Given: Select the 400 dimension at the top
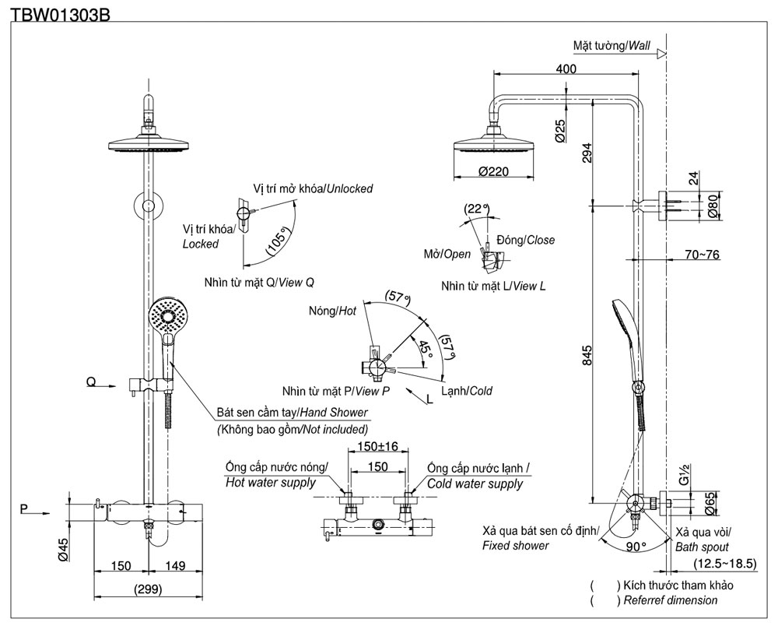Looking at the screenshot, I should click(567, 69).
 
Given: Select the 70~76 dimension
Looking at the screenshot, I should click(703, 254).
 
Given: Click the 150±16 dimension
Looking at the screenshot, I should click(377, 446).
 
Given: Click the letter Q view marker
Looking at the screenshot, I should click(91, 382).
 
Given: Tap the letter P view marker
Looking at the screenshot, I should click(25, 510).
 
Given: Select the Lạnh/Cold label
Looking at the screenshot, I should click(466, 391).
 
